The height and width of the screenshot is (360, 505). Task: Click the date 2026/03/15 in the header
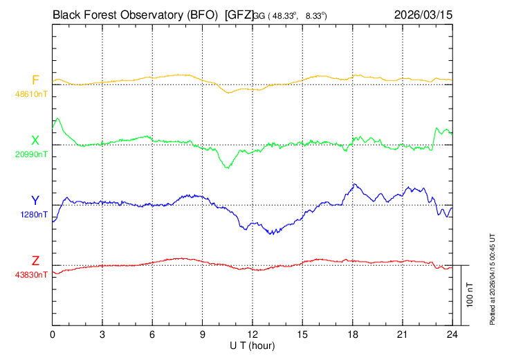pos(423,15)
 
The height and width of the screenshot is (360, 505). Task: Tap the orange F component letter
pos(35,80)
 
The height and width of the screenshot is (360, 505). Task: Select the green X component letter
pos(35,141)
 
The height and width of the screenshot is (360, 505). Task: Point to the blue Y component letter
pos(35,201)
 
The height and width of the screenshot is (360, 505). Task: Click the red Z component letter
pos(35,260)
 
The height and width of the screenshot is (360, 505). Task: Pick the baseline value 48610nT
pos(31,94)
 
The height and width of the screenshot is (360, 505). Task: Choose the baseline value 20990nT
pos(31,154)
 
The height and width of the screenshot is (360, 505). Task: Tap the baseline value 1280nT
pos(34,215)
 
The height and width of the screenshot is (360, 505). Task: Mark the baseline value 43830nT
pos(31,275)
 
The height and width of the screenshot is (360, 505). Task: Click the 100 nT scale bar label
pos(470,295)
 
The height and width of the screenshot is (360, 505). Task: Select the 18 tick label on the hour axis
pos(353,334)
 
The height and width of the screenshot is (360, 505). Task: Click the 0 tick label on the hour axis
pos(53,334)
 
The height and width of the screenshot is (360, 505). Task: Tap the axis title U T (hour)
pos(252,346)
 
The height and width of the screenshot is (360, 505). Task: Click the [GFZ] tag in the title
pos(239,15)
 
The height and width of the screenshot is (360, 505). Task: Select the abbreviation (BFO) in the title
pos(202,15)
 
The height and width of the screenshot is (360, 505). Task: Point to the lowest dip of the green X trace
pos(228,168)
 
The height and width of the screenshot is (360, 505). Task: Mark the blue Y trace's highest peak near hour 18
pos(355,184)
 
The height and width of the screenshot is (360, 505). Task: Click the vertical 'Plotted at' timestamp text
pos(492,279)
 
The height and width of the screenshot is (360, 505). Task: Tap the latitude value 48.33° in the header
pos(283,16)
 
